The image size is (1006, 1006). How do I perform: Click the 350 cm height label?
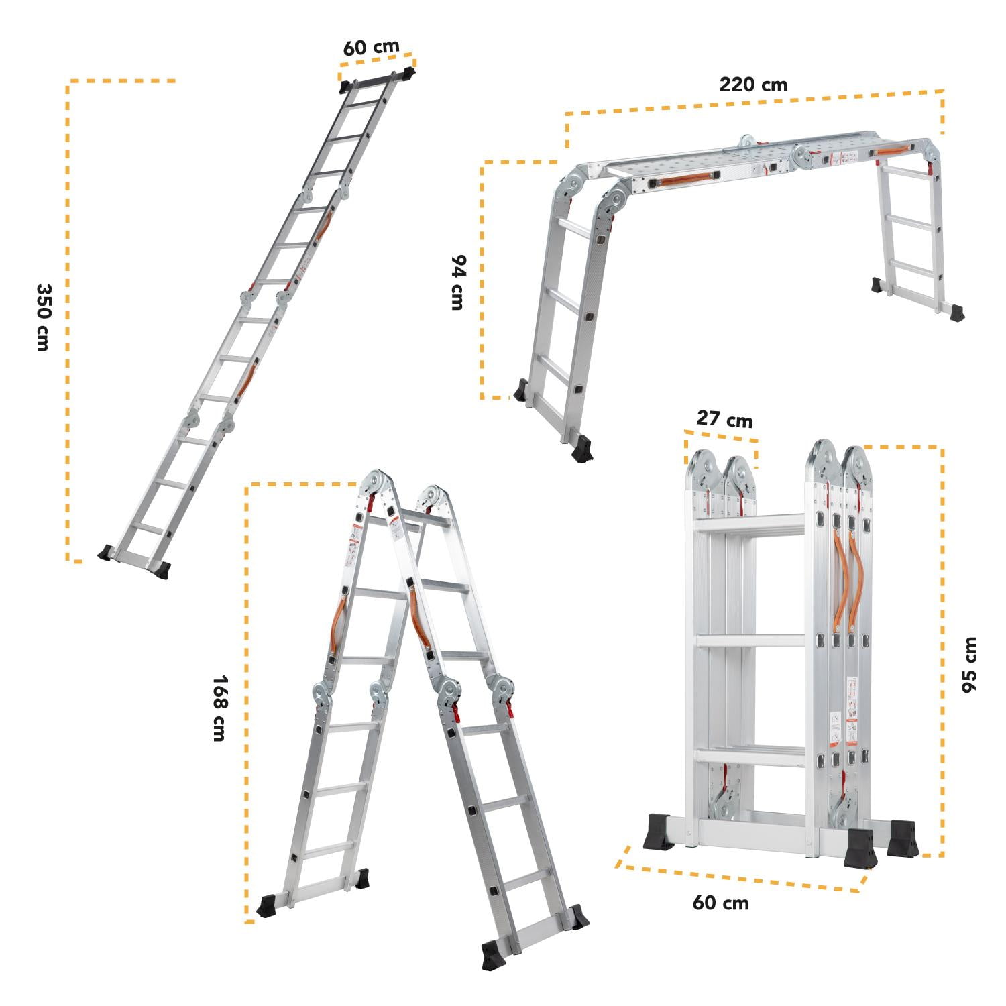pos(42,317)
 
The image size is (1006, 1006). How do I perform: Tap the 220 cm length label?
pos(753,85)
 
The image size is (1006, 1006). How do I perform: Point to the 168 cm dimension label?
pos(218,708)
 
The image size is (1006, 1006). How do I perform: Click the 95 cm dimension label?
pos(969,665)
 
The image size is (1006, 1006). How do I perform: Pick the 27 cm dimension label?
pos(724,419)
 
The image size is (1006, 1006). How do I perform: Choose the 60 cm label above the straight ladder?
pos(371,48)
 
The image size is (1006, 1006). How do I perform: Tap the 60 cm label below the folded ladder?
pos(720,903)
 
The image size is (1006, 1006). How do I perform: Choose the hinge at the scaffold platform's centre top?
pos(745,143)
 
